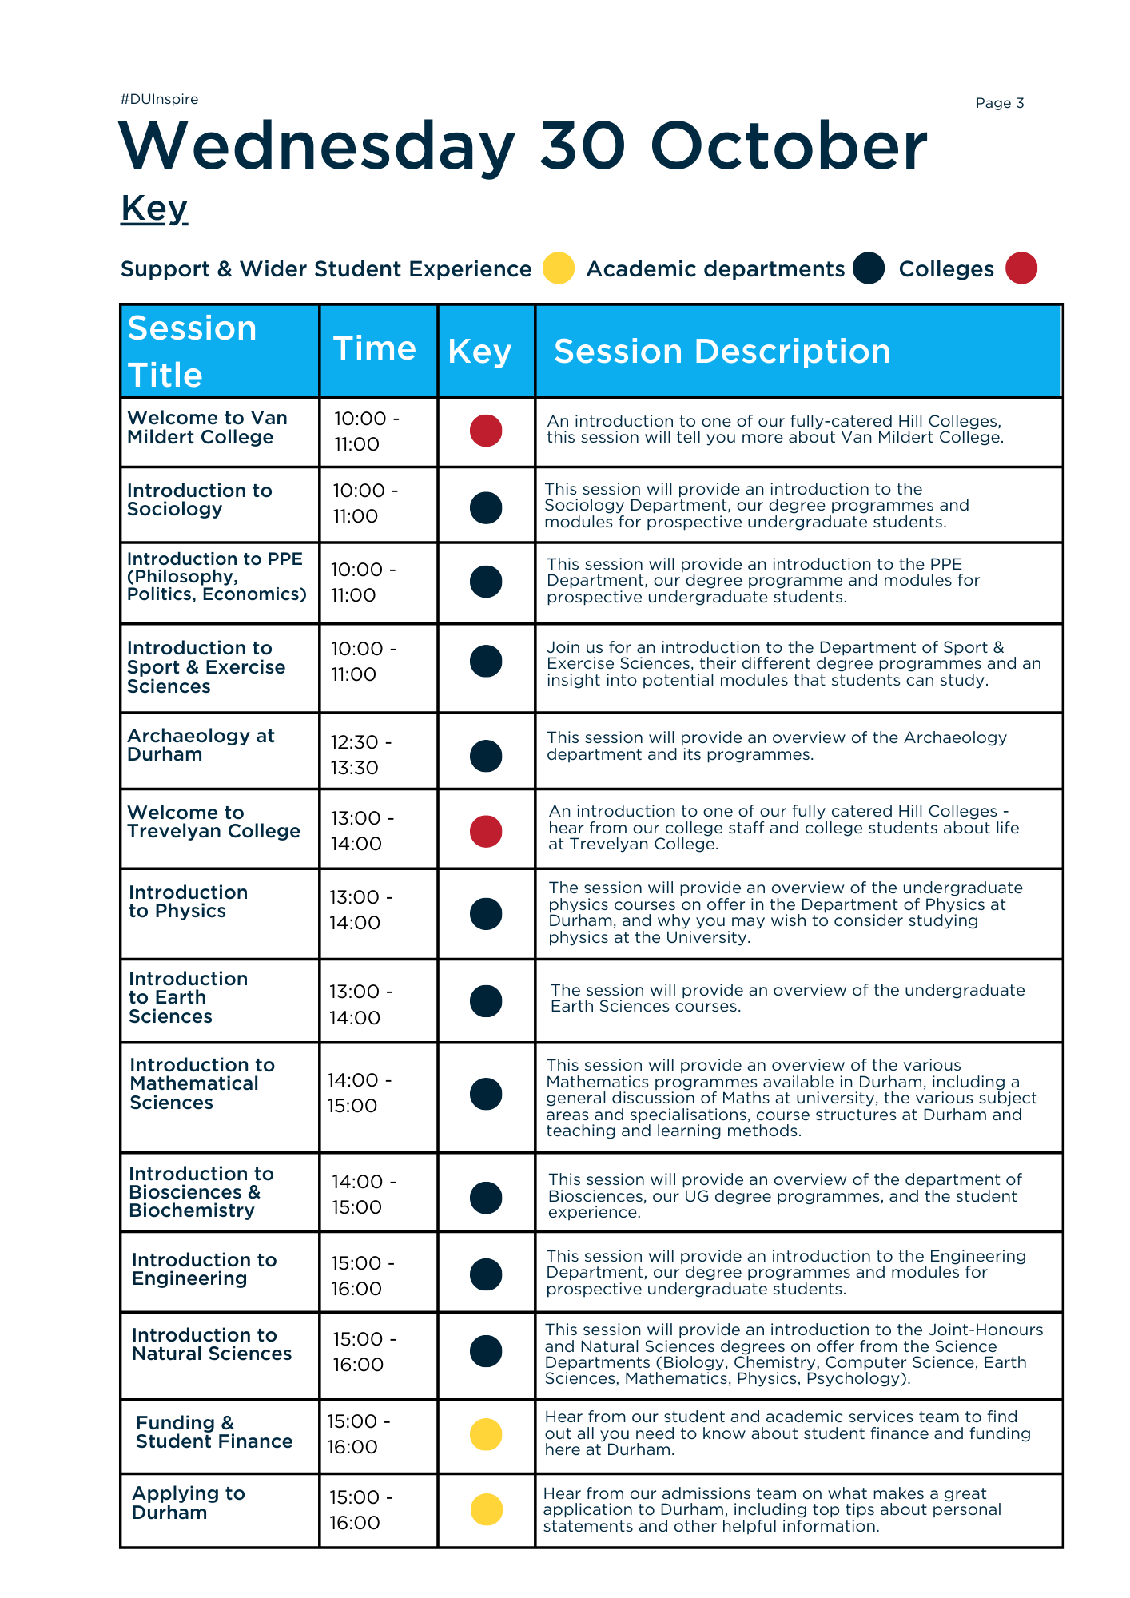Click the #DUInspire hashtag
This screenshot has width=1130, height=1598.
159,99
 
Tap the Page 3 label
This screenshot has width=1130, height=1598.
999,103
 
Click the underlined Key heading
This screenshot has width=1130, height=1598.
154,209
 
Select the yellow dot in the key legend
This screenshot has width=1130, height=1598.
558,268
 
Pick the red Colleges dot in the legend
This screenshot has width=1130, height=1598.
1021,268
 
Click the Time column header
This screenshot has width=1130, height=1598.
374,349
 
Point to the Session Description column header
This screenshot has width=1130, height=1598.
722,352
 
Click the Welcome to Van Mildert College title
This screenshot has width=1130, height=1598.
207,427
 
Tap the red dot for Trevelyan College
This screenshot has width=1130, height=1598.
486,831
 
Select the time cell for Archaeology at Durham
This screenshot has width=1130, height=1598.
361,755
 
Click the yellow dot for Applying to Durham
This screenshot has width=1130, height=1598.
486,1509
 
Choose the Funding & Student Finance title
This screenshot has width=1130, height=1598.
213,1432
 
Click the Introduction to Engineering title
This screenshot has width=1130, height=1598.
204,1269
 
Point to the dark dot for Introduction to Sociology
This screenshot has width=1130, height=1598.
486,507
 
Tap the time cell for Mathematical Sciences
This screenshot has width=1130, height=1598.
359,1093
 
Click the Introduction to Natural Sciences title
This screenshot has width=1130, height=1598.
212,1344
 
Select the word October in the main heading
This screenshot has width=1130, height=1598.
788,146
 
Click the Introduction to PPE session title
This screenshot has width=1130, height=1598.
216,576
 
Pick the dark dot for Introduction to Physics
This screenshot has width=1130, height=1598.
486,914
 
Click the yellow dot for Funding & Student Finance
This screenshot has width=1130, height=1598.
486,1434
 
